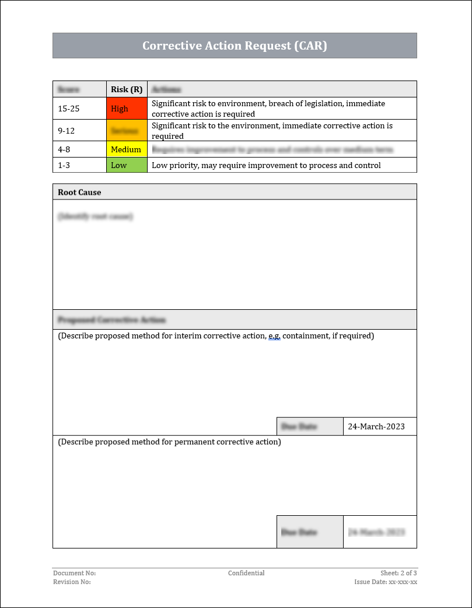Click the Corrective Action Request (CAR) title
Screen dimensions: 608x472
(x=235, y=46)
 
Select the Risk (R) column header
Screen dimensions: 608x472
(x=127, y=89)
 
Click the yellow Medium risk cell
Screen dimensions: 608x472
(x=126, y=149)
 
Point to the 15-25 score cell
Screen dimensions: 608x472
(x=69, y=109)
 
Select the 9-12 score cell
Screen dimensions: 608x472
(x=66, y=131)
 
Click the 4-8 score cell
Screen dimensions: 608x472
(x=64, y=149)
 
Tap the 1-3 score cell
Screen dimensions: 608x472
(x=64, y=165)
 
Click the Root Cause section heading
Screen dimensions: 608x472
(x=79, y=192)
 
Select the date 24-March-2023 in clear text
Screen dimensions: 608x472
(x=376, y=427)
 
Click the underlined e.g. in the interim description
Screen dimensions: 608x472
(x=274, y=336)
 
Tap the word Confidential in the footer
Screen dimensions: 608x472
(x=246, y=573)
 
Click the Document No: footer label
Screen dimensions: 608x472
(x=74, y=573)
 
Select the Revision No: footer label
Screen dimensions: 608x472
(x=72, y=582)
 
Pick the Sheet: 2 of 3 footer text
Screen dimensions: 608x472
(x=398, y=573)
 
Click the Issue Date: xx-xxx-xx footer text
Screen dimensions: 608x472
(x=386, y=582)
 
